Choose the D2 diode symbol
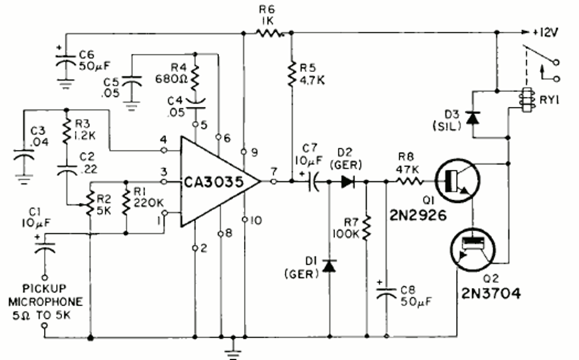[x=346, y=182]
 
